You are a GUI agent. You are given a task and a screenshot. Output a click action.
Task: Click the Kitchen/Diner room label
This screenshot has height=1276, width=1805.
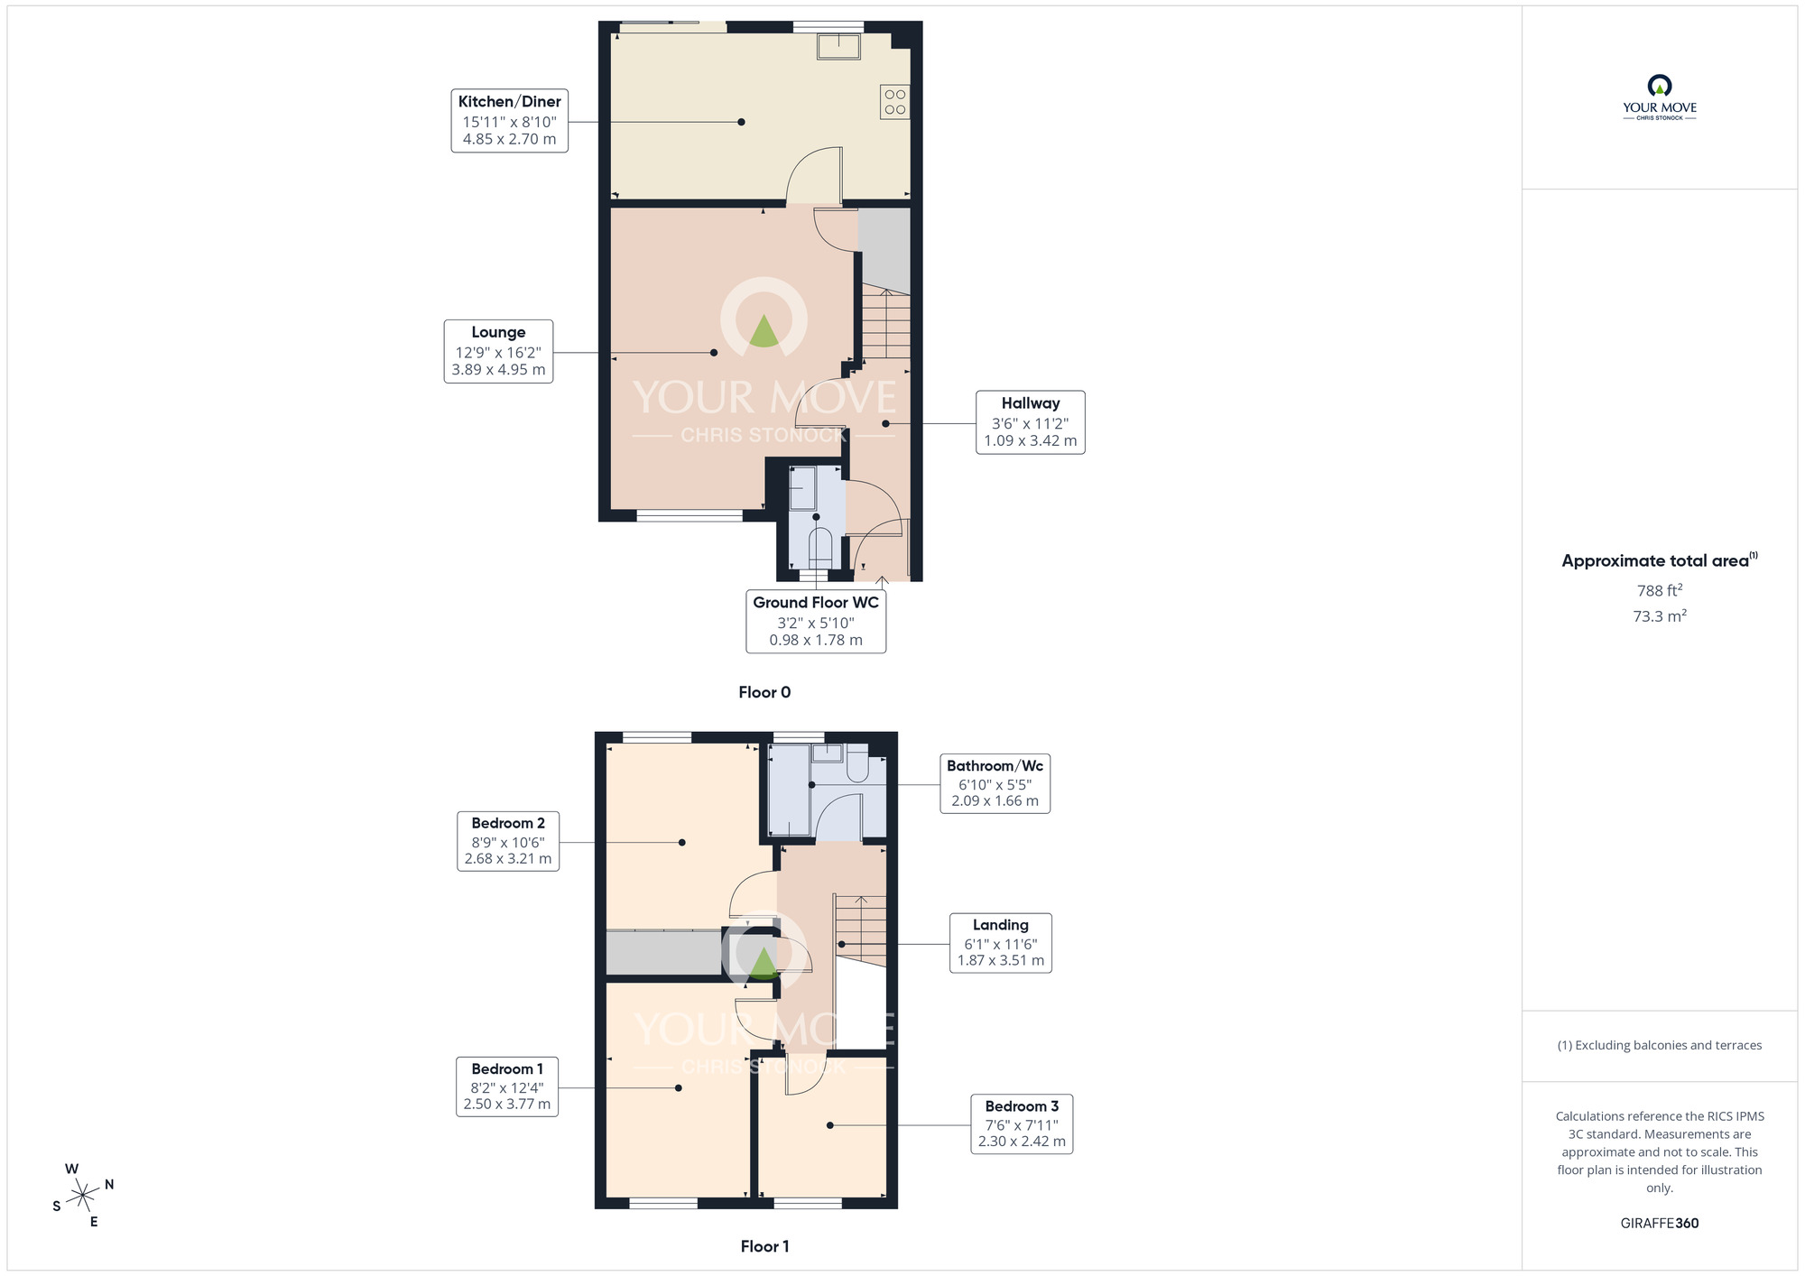pos(510,120)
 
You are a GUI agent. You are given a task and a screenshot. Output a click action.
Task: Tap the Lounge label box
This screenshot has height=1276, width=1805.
pos(498,351)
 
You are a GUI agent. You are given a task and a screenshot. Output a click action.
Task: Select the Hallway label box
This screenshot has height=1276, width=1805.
pos(1030,421)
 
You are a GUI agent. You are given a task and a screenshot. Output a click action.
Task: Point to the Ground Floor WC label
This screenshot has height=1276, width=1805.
pos(816,621)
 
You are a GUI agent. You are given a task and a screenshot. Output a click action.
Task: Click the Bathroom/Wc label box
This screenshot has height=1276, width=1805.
pos(995,783)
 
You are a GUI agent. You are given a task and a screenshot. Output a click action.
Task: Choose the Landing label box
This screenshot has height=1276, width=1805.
pos(1000,942)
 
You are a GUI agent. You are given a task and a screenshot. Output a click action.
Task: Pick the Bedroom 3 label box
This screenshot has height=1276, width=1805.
pos(1022,1123)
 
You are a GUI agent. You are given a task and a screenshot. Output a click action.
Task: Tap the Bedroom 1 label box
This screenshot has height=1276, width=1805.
pos(507,1086)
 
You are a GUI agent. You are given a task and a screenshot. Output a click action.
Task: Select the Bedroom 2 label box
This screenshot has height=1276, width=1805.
pos(508,841)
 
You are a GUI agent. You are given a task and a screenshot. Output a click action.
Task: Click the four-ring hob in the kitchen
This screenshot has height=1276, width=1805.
pos(894,102)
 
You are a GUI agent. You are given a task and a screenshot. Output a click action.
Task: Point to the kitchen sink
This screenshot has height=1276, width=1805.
pos(838,46)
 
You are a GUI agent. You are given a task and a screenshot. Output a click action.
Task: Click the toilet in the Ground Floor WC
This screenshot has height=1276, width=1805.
pos(819,547)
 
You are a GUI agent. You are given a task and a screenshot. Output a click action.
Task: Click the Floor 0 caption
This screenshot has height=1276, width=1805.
pos(764,692)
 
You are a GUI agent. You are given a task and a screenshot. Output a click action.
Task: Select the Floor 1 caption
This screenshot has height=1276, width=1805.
pos(764,1246)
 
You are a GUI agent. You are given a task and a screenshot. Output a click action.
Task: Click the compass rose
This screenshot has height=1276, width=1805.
pos(83,1196)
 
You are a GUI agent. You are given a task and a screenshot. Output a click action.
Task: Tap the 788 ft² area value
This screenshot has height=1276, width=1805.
pos(1660,590)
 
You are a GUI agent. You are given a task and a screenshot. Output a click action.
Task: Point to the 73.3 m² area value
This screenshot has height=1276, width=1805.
pos(1660,616)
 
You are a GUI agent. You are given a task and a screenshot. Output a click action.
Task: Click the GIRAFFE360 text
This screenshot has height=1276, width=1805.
pos(1660,1224)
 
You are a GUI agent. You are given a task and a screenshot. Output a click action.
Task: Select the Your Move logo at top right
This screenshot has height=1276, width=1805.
pos(1660,97)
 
